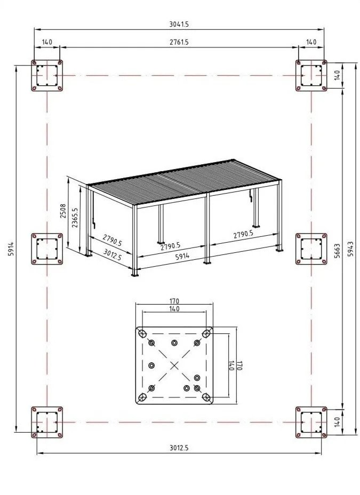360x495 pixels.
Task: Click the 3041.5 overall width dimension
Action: click(179, 24)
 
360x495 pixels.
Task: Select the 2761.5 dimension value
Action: click(179, 42)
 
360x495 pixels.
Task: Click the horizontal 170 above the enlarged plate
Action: click(174, 300)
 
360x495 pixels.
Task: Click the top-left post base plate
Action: click(47, 76)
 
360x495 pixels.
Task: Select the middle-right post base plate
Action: click(311, 248)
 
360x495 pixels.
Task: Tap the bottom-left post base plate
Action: click(47, 422)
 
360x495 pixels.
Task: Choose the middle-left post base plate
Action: click(47, 248)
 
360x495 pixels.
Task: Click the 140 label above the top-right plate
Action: click(311, 42)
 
